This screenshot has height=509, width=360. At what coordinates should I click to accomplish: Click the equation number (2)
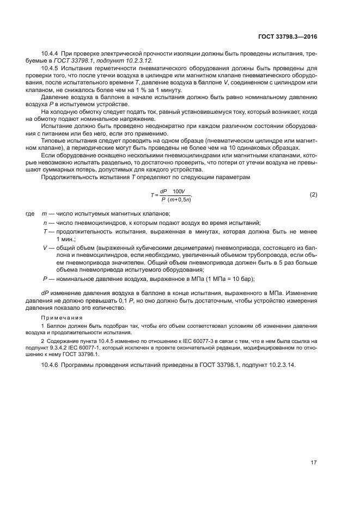click(x=313, y=195)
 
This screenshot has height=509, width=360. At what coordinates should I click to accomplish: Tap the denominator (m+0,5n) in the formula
click(x=179, y=200)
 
